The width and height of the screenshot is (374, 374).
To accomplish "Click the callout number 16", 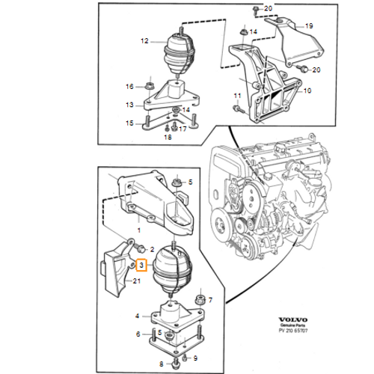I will [129, 87].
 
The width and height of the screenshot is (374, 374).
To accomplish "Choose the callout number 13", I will [129, 105].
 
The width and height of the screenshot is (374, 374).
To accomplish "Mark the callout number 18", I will [168, 138].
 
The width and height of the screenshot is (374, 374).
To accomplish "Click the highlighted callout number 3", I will [141, 264].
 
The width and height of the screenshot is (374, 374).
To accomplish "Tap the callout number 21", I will [137, 280].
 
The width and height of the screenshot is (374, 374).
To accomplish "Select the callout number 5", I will [191, 182].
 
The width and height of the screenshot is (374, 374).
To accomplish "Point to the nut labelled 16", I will [149, 87].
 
